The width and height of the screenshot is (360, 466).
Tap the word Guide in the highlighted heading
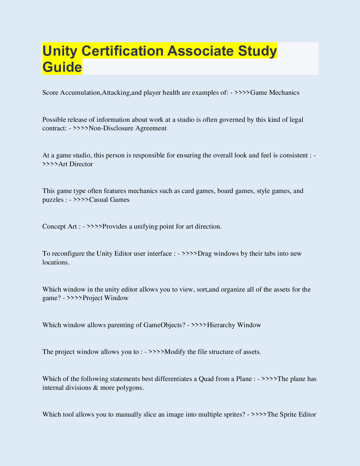click(62, 67)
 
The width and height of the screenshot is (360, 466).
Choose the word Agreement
click(151, 128)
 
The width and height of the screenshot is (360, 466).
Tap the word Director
click(81, 164)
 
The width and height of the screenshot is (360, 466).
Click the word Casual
click(99, 200)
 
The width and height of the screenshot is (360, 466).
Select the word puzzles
click(53, 200)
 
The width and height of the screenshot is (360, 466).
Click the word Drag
click(205, 254)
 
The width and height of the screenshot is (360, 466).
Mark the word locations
click(56, 262)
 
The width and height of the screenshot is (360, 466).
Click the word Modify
click(175, 352)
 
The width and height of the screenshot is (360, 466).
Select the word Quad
click(206, 379)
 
